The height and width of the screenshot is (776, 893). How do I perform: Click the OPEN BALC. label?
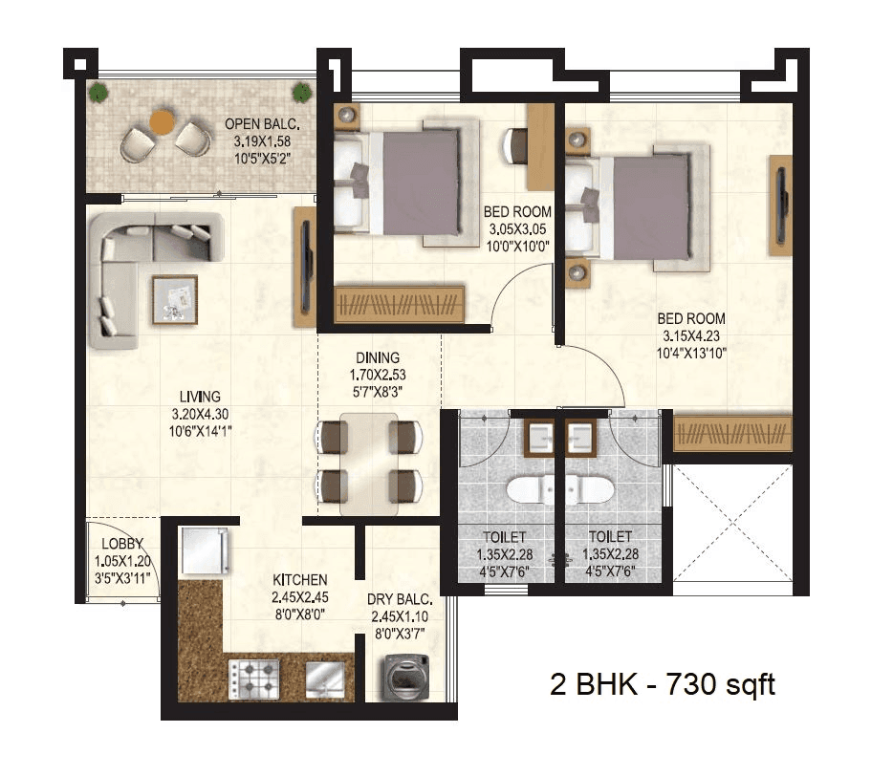(262, 123)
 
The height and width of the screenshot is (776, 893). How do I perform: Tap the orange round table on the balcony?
(163, 122)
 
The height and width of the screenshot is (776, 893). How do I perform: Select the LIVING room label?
(201, 396)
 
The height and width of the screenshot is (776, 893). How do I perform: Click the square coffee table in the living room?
(173, 297)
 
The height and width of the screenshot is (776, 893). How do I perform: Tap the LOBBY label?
(121, 545)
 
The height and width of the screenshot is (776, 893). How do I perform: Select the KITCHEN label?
(300, 580)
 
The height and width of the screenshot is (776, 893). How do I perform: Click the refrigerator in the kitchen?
(203, 552)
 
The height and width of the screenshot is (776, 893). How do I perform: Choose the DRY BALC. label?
(400, 600)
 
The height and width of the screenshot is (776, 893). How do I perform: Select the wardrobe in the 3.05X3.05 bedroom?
(400, 304)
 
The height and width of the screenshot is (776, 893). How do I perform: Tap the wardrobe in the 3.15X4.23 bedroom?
(733, 433)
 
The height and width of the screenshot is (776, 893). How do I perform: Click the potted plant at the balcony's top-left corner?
(98, 93)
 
